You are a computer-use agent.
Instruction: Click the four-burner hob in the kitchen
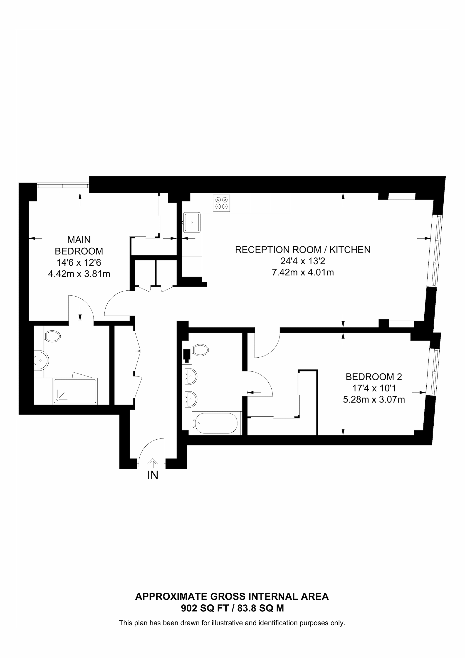pos(221,203)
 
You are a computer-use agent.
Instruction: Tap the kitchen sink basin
pos(192,222)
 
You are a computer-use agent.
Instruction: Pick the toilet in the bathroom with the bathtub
pos(200,350)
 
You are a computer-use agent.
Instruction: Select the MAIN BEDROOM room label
pos(79,245)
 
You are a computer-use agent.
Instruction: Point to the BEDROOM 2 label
pos(374,377)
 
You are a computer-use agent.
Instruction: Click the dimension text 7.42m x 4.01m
pos(303,272)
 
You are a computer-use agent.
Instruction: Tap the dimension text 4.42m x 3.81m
pos(79,274)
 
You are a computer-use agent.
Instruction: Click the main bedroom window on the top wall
pos(63,186)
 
